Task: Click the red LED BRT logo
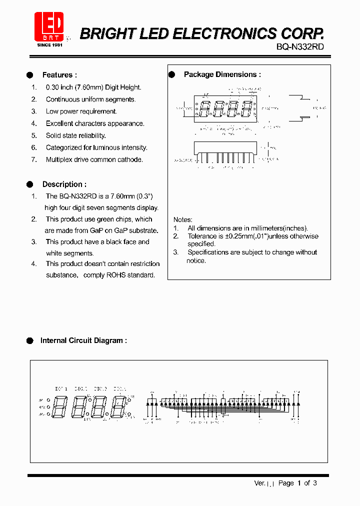pos(48,26)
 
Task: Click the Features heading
pos(59,75)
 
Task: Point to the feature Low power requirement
pos(81,111)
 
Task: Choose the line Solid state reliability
pos(75,135)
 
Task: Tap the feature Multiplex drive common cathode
pos(94,159)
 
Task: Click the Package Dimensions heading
pos(222,74)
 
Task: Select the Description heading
pos(64,184)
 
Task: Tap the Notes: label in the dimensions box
pos(182,219)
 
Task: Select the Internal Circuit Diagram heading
pos(83,340)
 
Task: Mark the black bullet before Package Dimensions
pos(171,74)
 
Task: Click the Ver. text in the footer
pos(260,483)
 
